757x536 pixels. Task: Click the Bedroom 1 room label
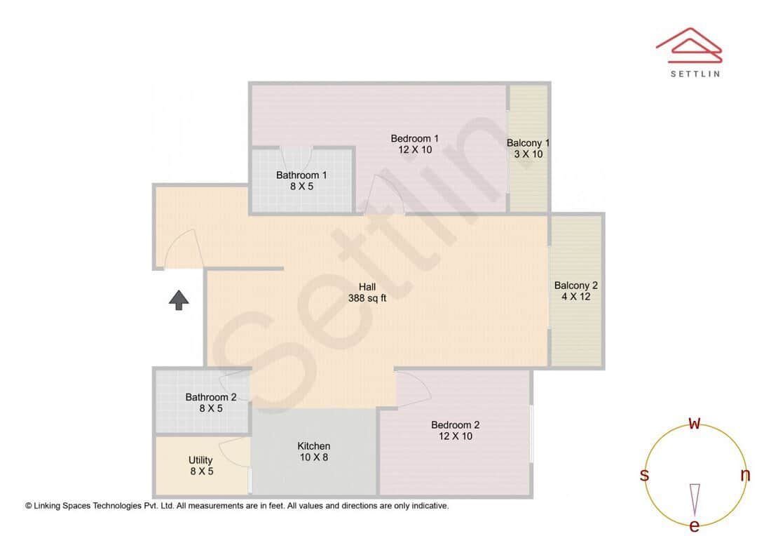(x=415, y=144)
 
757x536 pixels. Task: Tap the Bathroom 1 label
(x=301, y=180)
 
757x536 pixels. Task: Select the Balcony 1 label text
(x=528, y=148)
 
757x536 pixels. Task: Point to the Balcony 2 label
(x=575, y=291)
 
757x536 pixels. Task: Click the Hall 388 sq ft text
(x=367, y=292)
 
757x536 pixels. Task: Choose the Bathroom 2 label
(x=210, y=402)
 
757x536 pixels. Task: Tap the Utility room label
(x=201, y=466)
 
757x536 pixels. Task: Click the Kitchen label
(x=313, y=451)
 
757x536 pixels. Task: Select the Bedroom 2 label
(x=455, y=430)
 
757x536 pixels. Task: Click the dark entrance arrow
(x=179, y=300)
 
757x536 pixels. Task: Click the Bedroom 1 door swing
(x=383, y=194)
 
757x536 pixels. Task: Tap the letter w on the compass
(x=695, y=423)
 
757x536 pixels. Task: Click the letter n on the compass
(x=745, y=475)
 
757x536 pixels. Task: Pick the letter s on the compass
(x=644, y=475)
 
